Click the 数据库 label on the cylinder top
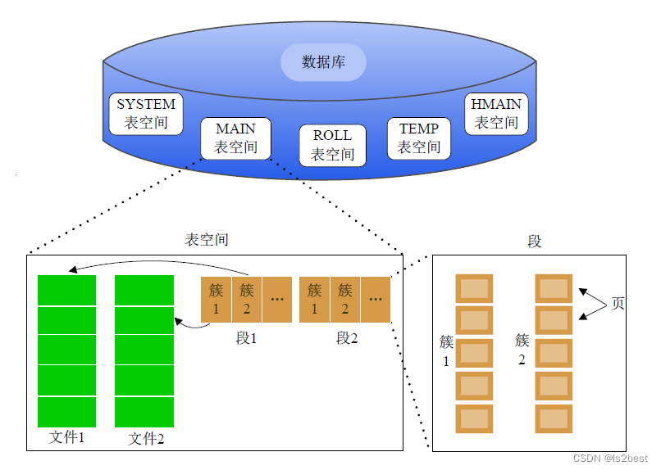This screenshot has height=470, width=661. point(323,62)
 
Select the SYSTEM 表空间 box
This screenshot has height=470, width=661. point(146,114)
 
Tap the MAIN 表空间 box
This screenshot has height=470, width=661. point(235,138)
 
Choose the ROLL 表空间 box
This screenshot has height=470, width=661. point(332,145)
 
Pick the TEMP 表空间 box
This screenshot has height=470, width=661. point(419,138)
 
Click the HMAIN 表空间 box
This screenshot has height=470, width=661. point(496,114)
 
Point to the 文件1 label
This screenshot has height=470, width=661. point(67,437)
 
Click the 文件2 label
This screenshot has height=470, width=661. point(146,439)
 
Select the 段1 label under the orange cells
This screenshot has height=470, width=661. point(246,338)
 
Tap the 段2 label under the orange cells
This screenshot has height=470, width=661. point(347,338)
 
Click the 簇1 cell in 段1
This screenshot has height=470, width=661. point(216,299)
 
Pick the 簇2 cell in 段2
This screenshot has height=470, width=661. point(345,299)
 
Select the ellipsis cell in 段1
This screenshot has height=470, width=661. point(277,299)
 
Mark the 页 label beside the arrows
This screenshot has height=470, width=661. point(618,304)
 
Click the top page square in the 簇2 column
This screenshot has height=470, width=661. point(554,288)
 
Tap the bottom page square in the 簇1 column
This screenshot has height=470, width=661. point(474,418)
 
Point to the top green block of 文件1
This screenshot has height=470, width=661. point(67,290)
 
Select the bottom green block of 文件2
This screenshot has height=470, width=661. point(144,411)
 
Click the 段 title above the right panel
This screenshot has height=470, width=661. point(535,242)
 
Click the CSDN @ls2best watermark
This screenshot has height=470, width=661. point(610,459)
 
